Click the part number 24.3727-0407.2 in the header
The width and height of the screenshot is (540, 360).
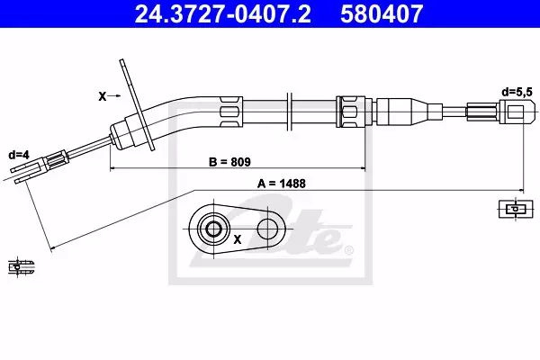tap(223, 13)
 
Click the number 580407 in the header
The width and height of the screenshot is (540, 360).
tap(382, 13)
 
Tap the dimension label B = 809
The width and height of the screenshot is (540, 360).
tap(229, 162)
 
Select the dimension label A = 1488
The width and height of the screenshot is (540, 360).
tap(282, 184)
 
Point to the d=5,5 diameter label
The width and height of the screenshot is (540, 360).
tap(517, 92)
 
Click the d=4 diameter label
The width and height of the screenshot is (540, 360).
tap(19, 155)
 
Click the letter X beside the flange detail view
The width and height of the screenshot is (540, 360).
tap(238, 239)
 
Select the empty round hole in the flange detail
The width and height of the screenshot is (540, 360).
tap(267, 229)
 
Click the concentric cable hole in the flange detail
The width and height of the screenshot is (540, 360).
tap(213, 229)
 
